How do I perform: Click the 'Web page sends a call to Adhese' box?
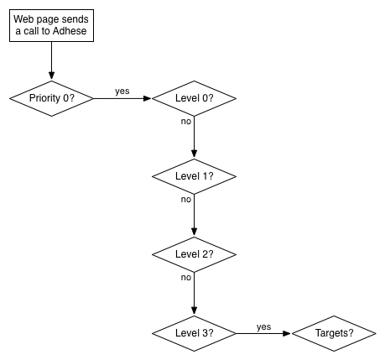tap(51, 25)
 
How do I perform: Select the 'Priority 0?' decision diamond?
tap(51, 98)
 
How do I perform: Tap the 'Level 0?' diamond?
tap(194, 98)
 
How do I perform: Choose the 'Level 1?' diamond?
tap(194, 176)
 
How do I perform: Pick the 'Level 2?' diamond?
tap(194, 254)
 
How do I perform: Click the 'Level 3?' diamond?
tap(194, 333)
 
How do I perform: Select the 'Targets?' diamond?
tap(334, 333)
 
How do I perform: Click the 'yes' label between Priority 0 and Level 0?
tap(122, 91)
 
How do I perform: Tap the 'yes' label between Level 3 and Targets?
tap(263, 327)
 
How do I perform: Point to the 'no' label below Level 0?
tap(186, 122)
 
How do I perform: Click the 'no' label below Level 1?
tap(186, 200)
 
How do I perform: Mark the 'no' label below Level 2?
tap(186, 278)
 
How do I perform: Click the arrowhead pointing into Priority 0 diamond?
tap(51, 76)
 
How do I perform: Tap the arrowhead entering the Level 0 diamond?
tap(147, 98)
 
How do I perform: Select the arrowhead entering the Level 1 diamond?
tap(194, 154)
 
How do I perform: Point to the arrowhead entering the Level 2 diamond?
tap(194, 232)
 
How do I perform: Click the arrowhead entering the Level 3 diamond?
tap(194, 310)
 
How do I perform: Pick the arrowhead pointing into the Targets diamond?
tap(287, 333)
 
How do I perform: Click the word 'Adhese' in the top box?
tap(70, 31)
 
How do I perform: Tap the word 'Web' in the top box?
tap(21, 19)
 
